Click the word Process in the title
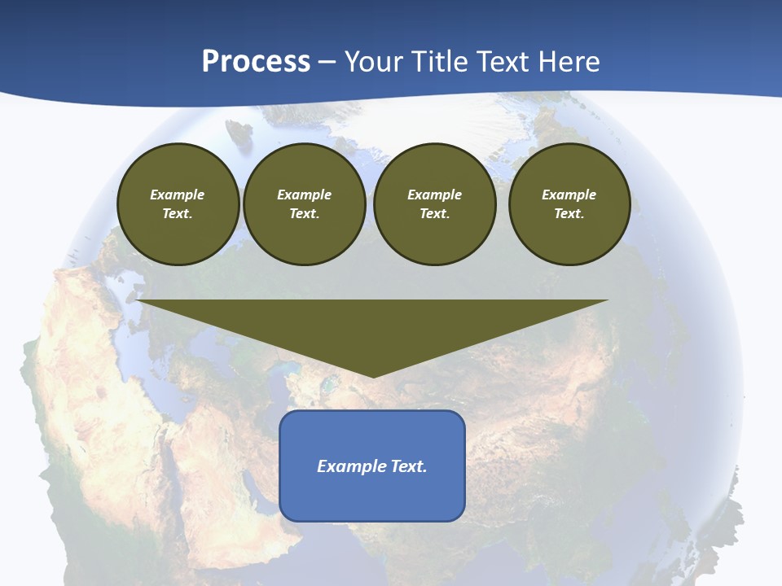[256, 62]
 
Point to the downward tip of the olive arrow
[373, 375]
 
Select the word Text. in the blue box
[410, 466]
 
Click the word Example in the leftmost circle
[178, 195]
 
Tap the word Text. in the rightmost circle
[569, 213]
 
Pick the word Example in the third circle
[434, 195]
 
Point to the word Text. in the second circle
[304, 213]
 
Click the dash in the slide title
[327, 62]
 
